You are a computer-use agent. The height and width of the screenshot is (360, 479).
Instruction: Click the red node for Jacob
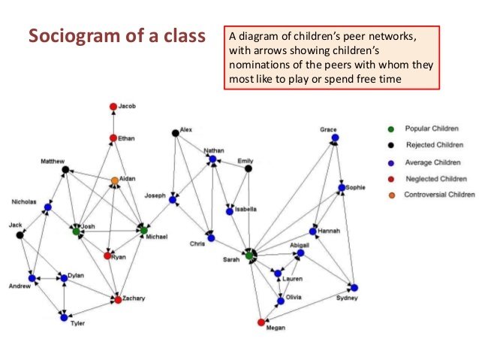coord(113,107)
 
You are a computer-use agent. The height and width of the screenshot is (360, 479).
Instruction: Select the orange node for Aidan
coord(114,180)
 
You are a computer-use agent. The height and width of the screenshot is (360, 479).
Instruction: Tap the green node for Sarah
coord(249,256)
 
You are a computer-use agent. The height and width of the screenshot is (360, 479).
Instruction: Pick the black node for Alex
coord(175,133)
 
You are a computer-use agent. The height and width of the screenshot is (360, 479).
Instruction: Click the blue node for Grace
coord(335,138)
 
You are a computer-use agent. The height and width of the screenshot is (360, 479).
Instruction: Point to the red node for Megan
coord(261,322)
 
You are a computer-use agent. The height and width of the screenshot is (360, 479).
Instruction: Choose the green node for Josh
coord(76,231)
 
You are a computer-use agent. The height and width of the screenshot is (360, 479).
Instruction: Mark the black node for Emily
coord(249,168)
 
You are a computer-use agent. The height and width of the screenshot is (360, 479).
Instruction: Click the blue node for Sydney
coord(354,287)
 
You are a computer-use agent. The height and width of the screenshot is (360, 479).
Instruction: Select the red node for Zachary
coord(118,300)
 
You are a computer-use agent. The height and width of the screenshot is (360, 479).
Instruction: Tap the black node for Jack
coord(20,234)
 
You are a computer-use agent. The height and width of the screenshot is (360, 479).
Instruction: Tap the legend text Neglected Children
coord(435,179)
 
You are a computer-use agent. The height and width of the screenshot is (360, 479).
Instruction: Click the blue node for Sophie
coord(342,187)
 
